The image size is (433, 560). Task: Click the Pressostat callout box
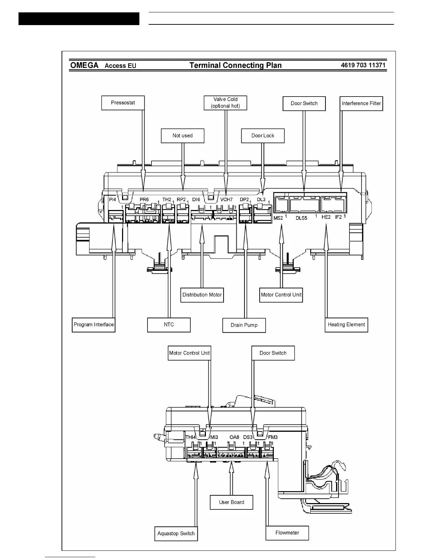123,103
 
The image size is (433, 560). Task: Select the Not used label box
183,136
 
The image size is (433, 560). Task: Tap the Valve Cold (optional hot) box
225,103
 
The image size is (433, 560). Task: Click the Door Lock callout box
263,136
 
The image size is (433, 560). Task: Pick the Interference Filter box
361,104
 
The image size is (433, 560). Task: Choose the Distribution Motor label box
202,295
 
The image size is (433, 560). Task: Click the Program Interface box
94,325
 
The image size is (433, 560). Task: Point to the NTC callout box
169,325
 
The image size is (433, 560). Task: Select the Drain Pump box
244,325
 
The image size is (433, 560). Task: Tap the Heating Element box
346,325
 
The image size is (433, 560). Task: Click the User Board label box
231,502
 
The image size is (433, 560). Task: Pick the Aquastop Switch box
176,533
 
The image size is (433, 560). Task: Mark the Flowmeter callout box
287,533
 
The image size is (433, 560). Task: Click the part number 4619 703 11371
363,65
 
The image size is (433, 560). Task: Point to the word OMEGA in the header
85,65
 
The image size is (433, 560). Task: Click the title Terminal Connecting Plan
236,65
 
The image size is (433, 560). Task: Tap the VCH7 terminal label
226,200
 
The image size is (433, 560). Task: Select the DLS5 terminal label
301,218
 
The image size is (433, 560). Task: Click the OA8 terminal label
234,437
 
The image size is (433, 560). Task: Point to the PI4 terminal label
112,200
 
